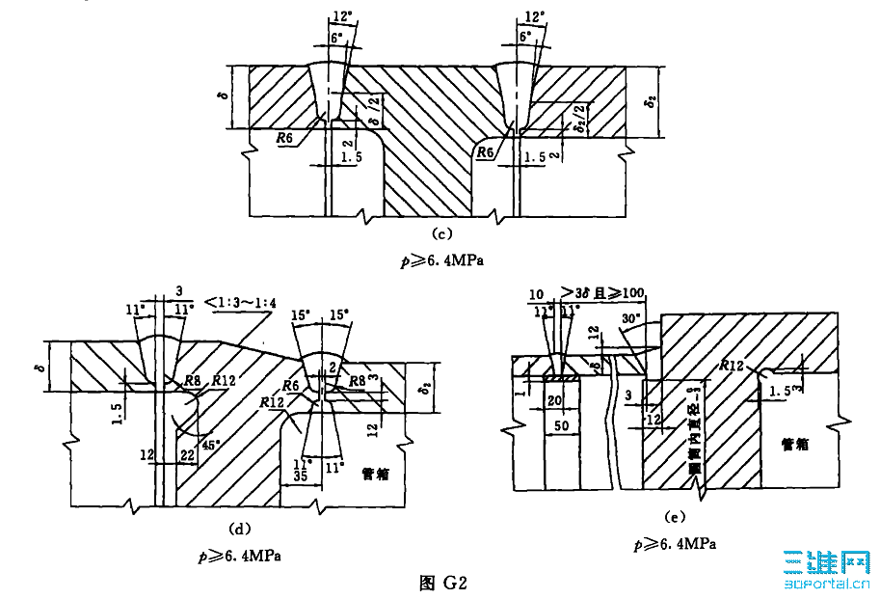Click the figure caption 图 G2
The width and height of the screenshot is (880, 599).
coord(443,583)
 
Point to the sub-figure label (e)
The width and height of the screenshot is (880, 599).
coord(674,518)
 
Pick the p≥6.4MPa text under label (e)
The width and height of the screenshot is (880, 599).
coord(674,544)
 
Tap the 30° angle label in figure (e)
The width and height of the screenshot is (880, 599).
coord(630,319)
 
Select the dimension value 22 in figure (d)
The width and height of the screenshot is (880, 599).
coord(189,454)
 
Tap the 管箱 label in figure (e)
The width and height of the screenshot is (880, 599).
coord(797,443)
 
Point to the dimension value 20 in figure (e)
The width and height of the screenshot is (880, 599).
coord(555,398)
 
